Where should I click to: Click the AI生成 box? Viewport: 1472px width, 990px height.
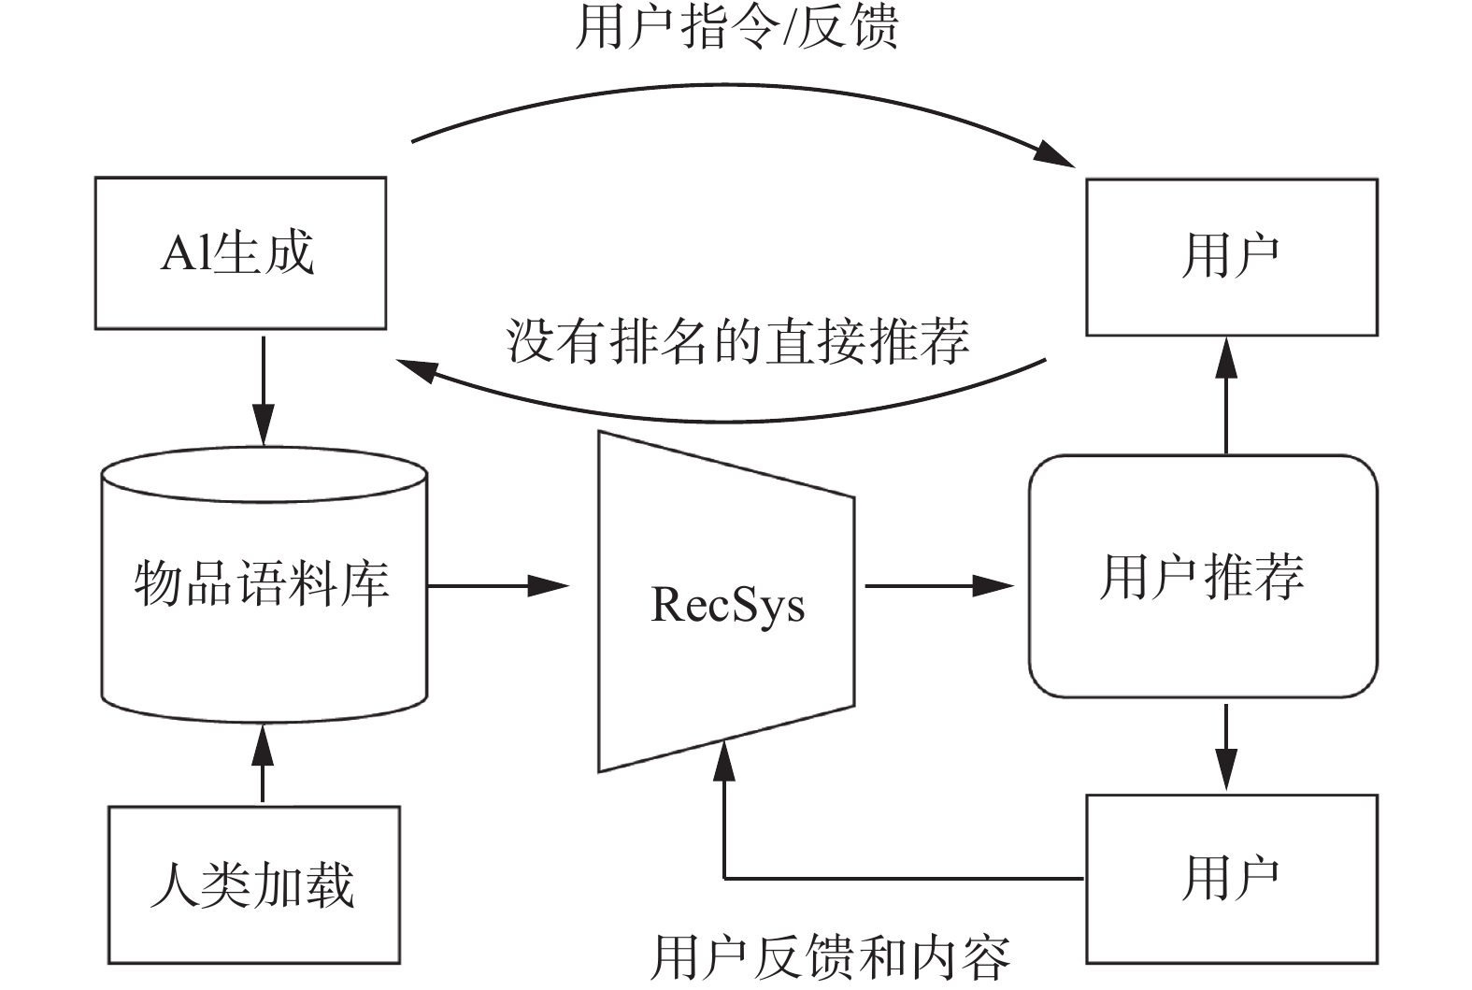point(240,252)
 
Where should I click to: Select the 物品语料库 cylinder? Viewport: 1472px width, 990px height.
point(264,598)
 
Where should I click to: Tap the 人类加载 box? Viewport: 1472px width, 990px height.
point(254,884)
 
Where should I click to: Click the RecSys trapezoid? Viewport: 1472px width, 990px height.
point(726,603)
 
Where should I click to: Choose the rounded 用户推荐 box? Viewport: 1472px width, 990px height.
point(1203,576)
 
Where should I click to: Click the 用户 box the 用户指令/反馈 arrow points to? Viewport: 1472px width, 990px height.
point(1231,256)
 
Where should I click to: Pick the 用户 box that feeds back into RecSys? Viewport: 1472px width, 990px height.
point(1231,878)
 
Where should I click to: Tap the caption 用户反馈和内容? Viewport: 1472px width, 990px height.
point(830,956)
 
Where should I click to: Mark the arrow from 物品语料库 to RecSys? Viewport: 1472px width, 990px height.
point(497,586)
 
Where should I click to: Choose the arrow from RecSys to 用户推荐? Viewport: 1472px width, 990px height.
point(938,586)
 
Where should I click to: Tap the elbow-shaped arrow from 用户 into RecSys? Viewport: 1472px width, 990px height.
point(841,878)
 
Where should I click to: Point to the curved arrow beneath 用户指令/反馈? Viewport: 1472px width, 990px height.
point(738,91)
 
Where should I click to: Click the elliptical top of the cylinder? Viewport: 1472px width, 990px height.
point(264,474)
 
